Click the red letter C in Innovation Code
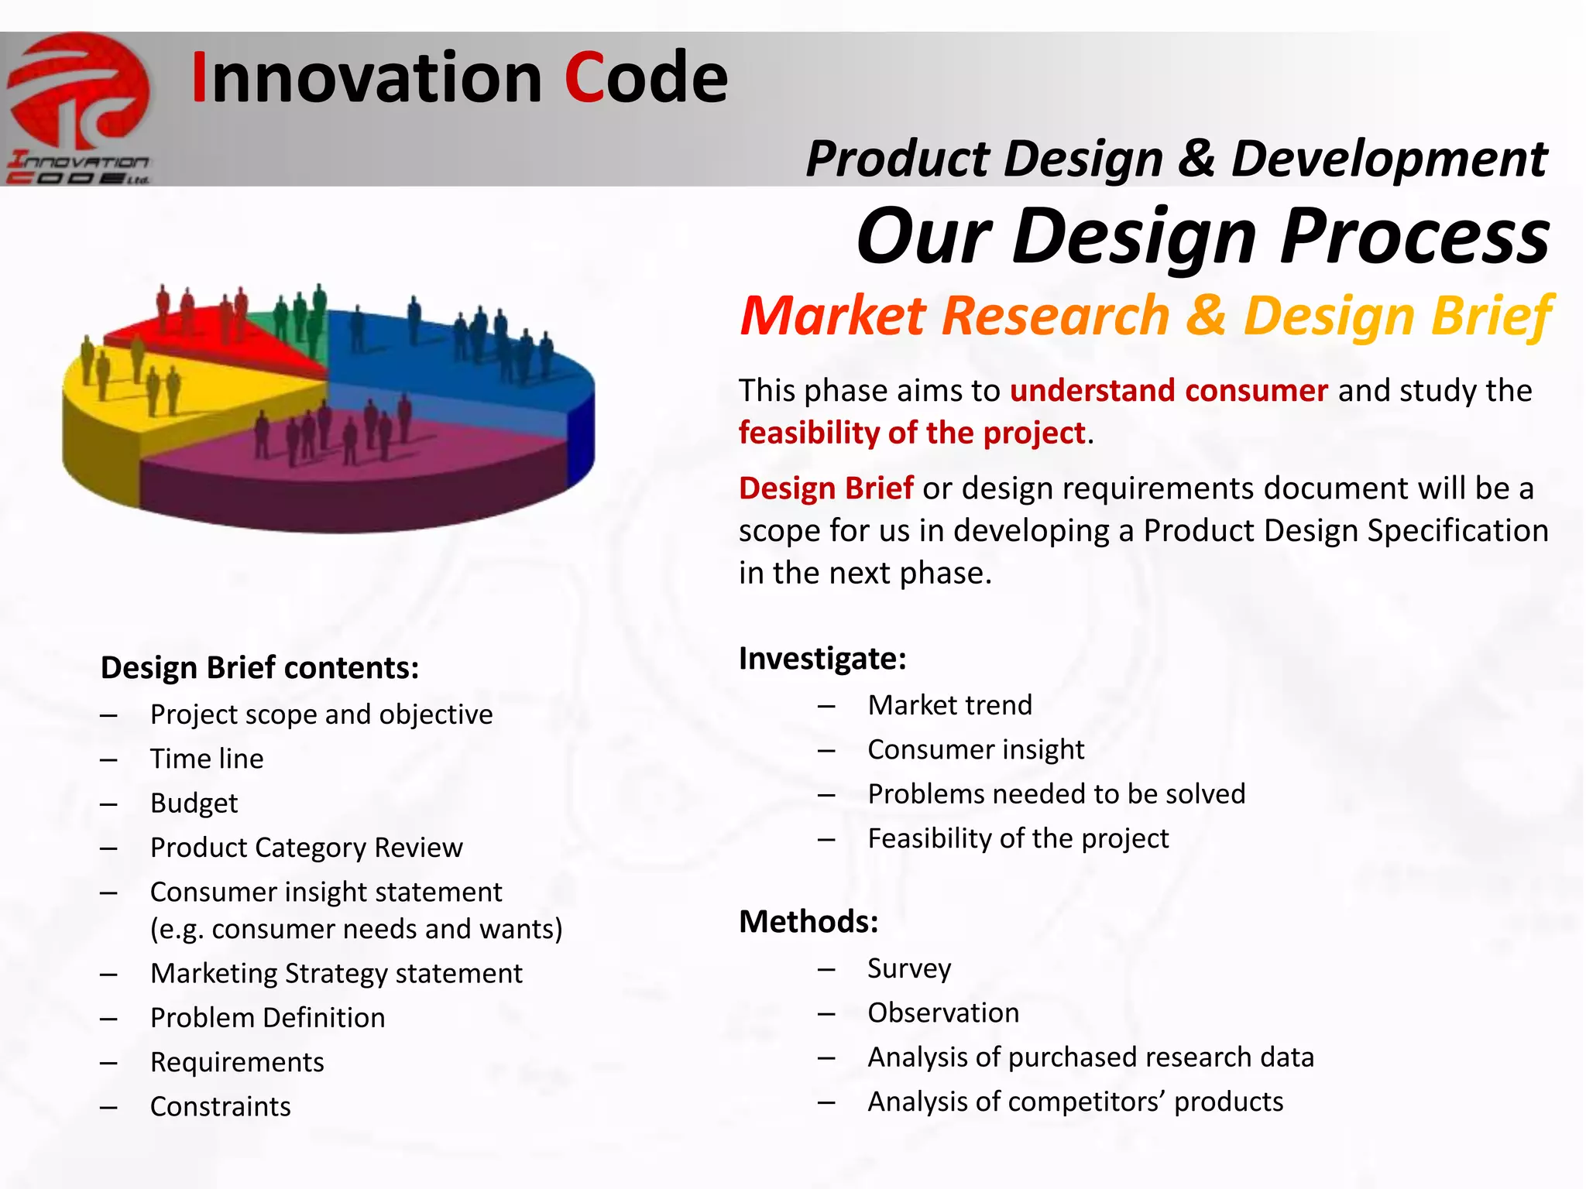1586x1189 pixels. click(x=584, y=78)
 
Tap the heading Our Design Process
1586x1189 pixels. click(x=1203, y=235)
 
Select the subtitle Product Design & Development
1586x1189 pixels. click(x=1176, y=159)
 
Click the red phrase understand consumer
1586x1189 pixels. click(x=1168, y=390)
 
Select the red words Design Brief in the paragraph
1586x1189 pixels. click(x=826, y=488)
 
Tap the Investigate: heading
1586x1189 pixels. click(x=822, y=659)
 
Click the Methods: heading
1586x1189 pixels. click(x=808, y=922)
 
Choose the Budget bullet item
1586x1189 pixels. click(x=194, y=804)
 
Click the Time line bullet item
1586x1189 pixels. click(x=207, y=759)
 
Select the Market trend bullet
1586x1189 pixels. click(x=949, y=705)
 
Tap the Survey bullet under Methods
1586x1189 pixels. click(x=908, y=968)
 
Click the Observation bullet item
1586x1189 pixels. click(x=942, y=1013)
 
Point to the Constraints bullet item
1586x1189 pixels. click(x=220, y=1107)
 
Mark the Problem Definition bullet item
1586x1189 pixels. click(x=267, y=1018)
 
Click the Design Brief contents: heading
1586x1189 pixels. click(x=259, y=668)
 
